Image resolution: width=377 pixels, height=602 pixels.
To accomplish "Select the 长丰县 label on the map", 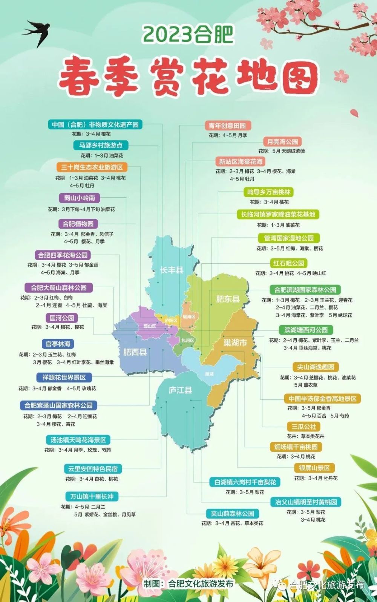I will [172, 270].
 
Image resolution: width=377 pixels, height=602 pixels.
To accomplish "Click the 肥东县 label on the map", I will [228, 299].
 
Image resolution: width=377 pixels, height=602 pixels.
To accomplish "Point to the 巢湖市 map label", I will [235, 342].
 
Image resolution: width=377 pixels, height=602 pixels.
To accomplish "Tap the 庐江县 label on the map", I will [180, 390].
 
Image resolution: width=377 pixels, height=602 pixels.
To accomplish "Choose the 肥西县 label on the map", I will [135, 352].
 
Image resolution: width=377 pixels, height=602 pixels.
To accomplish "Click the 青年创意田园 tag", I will [228, 126].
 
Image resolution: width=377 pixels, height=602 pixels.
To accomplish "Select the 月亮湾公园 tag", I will [282, 142].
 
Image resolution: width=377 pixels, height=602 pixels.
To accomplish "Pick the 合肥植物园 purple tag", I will [78, 224].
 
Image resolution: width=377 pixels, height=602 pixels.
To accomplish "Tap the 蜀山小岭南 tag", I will [79, 198].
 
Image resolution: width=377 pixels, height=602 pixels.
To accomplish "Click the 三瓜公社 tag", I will [303, 427].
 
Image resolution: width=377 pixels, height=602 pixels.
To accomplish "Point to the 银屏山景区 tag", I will [314, 468].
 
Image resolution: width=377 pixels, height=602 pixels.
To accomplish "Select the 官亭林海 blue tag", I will [58, 344].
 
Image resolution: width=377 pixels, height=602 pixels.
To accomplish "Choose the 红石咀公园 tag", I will [288, 263].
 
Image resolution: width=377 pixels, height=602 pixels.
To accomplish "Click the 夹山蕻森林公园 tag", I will [232, 513].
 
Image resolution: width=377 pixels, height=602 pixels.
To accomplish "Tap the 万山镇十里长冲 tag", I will [92, 496].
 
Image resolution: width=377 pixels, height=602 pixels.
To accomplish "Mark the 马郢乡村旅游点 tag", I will [101, 145].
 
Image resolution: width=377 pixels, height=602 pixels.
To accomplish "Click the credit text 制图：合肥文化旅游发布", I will [188, 583].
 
